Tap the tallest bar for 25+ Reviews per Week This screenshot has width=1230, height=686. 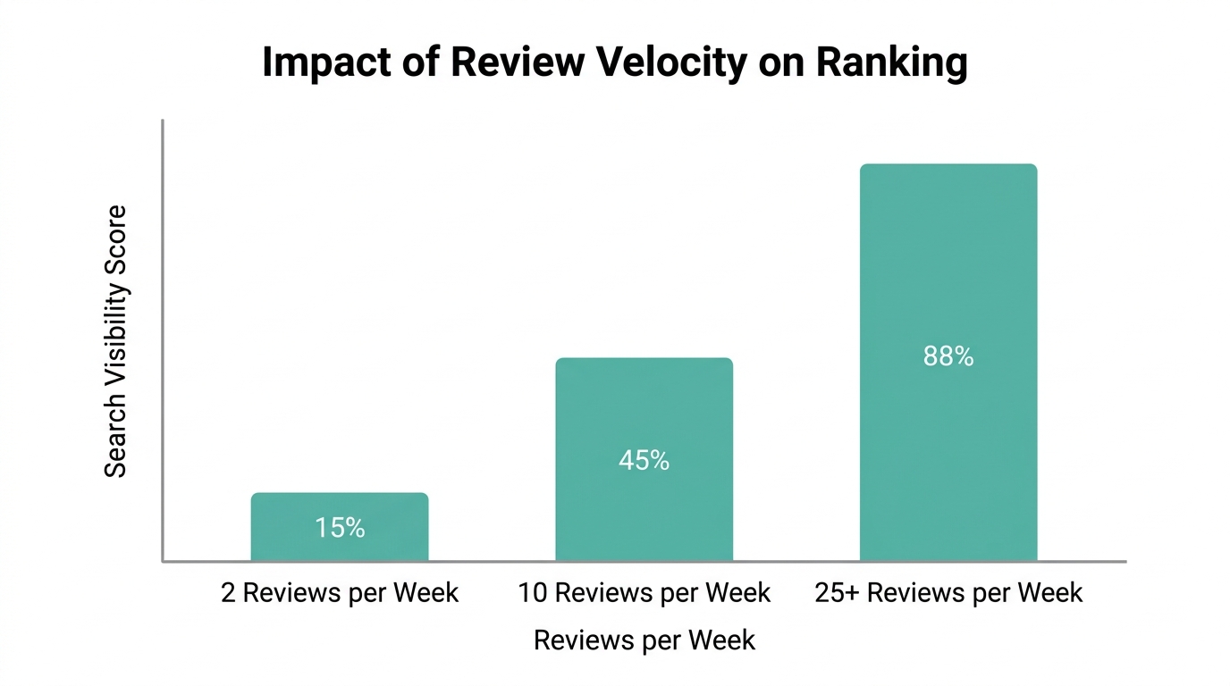point(948,268)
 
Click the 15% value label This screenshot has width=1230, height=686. point(340,528)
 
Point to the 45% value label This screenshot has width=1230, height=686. point(644,461)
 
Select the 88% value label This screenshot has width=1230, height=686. point(948,357)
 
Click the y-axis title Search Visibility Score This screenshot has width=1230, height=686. point(116,341)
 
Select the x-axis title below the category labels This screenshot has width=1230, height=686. point(644,640)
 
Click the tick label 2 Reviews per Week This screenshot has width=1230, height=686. point(340,593)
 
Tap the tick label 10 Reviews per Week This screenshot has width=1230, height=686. point(644,593)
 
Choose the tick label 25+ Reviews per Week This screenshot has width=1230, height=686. point(948,593)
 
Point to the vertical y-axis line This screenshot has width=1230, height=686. point(163,339)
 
